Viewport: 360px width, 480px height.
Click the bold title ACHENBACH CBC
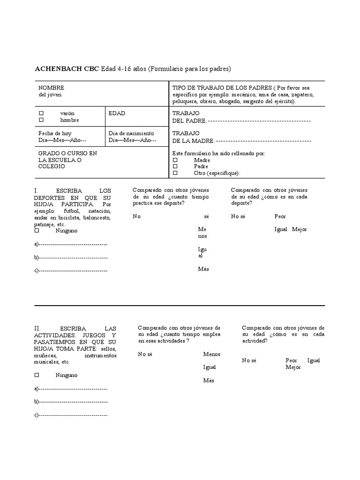pos(67,69)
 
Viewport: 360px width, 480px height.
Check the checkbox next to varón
pos(41,113)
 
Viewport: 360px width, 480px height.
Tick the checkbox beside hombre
pos(41,120)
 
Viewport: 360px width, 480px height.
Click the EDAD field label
pos(117,113)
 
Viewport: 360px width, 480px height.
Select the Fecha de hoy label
pos(55,134)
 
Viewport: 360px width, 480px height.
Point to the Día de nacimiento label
pos(131,134)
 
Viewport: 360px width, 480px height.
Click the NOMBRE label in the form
pos(51,88)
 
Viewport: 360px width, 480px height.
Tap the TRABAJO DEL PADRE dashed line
pos(259,120)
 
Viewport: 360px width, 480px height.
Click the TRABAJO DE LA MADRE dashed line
pos(263,141)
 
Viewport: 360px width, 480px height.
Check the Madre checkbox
pos(175,160)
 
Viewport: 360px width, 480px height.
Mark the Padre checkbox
pos(175,166)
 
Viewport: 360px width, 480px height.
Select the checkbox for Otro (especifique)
pos(175,173)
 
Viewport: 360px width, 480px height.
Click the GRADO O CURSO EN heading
pos(67,153)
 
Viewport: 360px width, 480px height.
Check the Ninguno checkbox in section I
pos(37,231)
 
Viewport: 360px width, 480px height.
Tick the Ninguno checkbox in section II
pos(37,375)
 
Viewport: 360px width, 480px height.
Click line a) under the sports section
pos(73,244)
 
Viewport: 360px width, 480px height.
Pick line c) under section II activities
pos(73,415)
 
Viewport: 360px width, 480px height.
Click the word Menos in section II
pos(211,354)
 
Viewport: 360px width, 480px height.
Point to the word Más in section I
pos(203,269)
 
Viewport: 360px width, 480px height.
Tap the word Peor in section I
pos(280,217)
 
